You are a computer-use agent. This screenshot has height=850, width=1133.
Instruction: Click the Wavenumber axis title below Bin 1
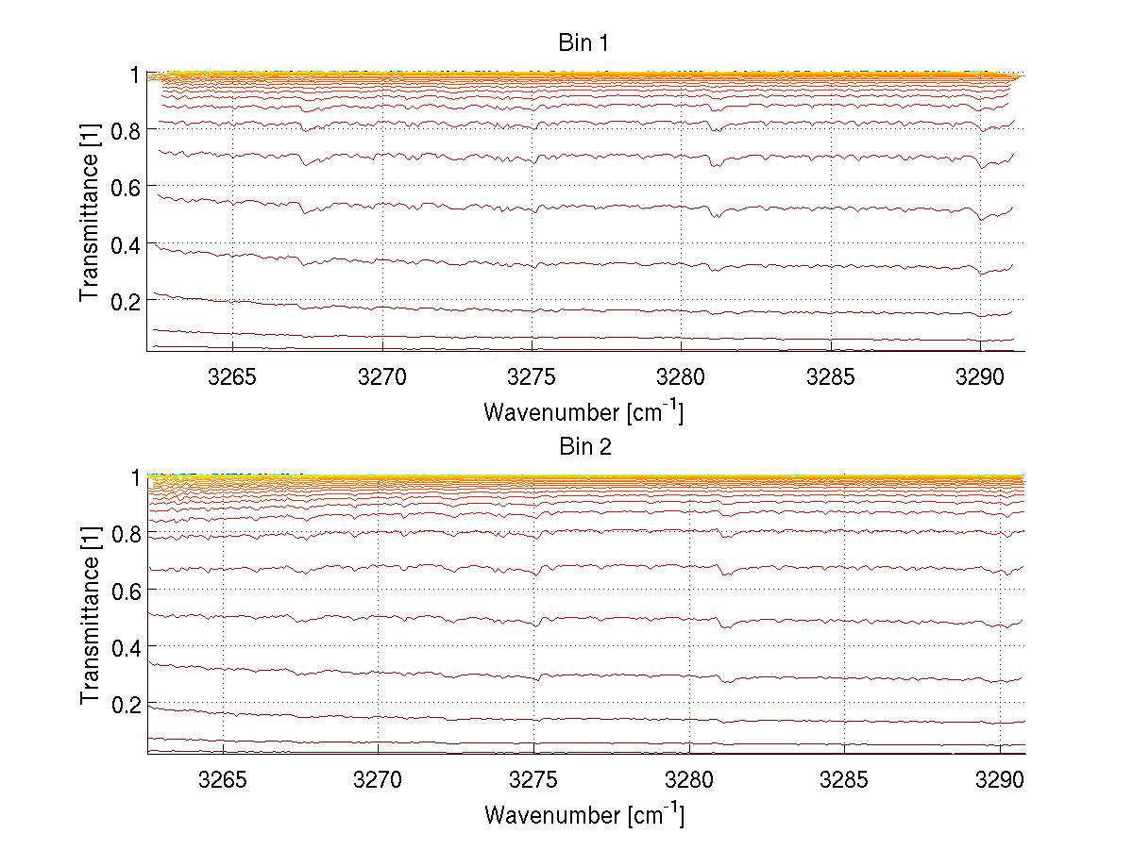pyautogui.click(x=583, y=411)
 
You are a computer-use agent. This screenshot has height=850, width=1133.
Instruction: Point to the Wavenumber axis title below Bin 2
pyautogui.click(x=583, y=814)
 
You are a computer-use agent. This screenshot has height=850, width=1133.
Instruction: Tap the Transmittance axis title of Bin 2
pyautogui.click(x=90, y=616)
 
